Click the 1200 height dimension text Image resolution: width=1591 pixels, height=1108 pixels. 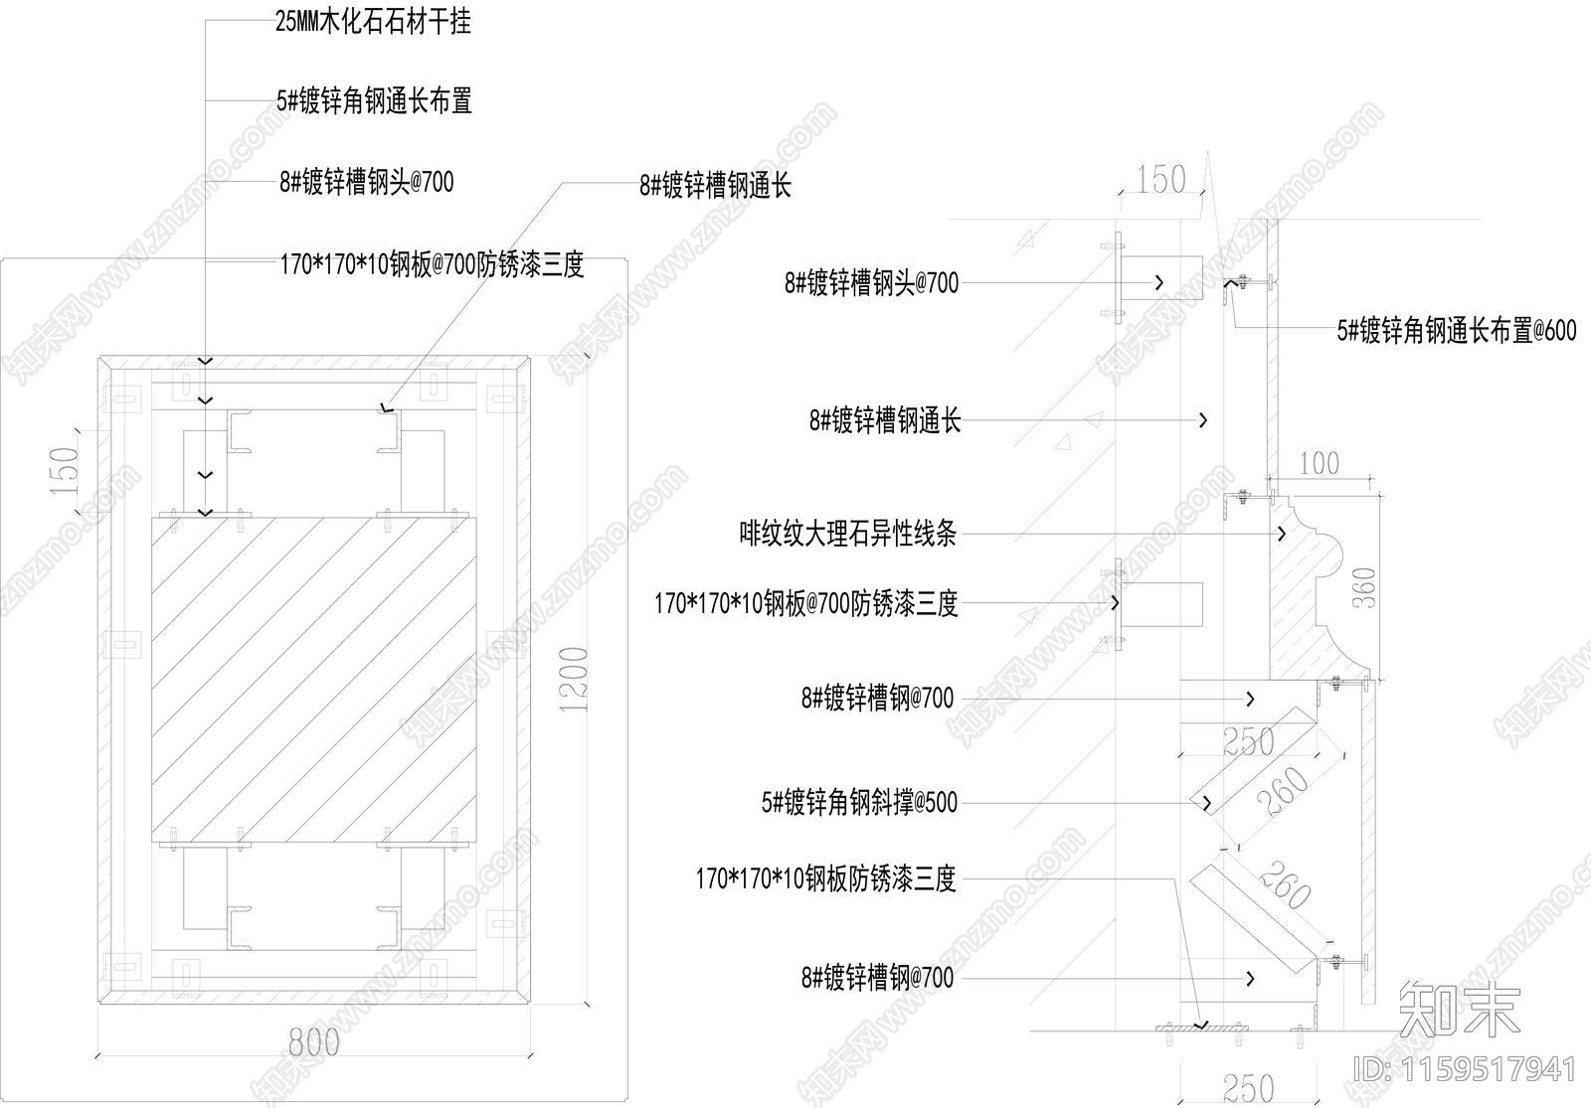point(575,680)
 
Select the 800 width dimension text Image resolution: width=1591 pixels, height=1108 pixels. point(313,1042)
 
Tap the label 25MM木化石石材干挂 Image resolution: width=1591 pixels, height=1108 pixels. point(373,22)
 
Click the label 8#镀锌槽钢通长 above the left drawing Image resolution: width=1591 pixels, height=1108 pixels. point(715,186)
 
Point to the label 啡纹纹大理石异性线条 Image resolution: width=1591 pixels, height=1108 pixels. point(848,535)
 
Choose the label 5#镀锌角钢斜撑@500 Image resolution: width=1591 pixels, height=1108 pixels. point(859,802)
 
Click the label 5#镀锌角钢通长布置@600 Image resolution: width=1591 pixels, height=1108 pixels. point(1456,331)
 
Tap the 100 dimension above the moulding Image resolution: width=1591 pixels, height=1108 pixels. point(1319,464)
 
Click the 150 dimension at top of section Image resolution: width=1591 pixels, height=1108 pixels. point(1160,180)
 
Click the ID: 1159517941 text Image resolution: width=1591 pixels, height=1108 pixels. point(1466,1069)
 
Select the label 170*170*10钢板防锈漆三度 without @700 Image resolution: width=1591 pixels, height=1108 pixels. point(825,878)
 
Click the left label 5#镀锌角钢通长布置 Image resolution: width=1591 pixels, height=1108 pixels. point(374,101)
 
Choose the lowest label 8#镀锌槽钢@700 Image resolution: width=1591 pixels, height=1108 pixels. point(877,978)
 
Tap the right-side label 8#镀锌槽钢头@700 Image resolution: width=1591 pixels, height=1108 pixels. point(871,283)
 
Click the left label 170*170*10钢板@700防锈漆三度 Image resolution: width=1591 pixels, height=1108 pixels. point(431,264)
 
